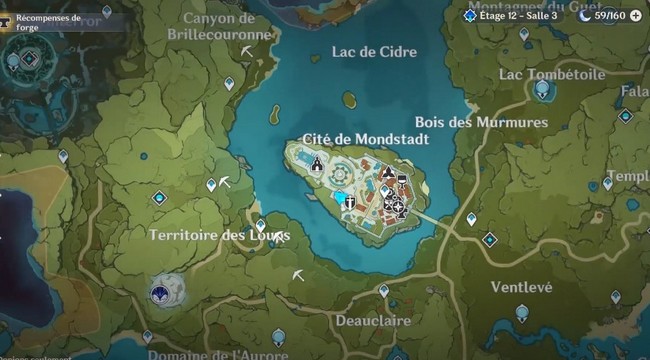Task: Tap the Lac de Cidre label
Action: click(374, 52)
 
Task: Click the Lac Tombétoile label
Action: click(552, 74)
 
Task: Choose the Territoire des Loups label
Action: click(219, 235)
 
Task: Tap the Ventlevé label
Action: click(521, 287)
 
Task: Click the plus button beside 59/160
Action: click(635, 15)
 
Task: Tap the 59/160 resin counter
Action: click(609, 15)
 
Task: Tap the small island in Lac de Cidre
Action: click(349, 100)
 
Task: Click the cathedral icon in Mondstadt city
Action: click(317, 164)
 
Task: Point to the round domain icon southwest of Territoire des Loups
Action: click(161, 290)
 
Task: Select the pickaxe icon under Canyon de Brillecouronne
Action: click(246, 50)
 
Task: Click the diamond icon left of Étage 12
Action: click(470, 15)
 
